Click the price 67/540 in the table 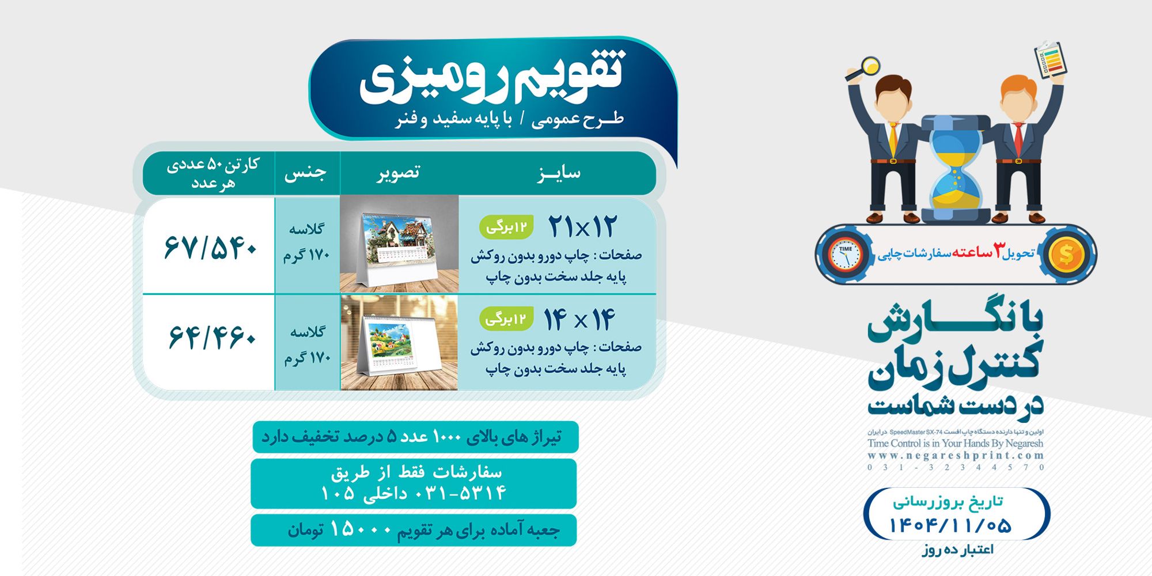tap(210, 247)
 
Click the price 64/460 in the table tap(211, 338)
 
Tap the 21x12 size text tap(582, 226)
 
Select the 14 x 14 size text tap(579, 319)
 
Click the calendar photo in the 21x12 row tap(399, 244)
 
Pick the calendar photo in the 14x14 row tap(399, 343)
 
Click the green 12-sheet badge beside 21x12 tap(506, 227)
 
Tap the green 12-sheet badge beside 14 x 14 tap(506, 318)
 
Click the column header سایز tap(558, 173)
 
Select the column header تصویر tap(399, 173)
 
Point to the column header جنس tap(305, 173)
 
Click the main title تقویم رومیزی tap(492, 78)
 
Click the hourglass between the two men tap(956, 170)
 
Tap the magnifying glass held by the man tap(867, 66)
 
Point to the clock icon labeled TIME tap(845, 254)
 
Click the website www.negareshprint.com tap(956, 456)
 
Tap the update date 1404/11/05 tap(950, 525)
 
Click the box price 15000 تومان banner tap(414, 530)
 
